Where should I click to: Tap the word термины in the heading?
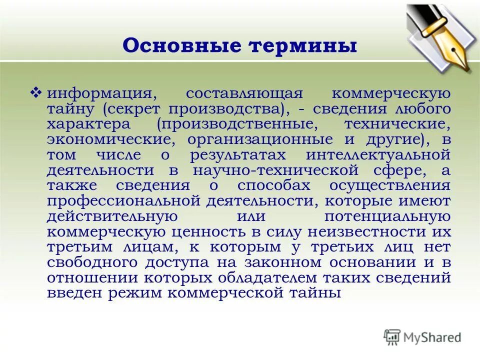point(301,46)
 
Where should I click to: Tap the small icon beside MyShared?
point(392,337)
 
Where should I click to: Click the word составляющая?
point(237,93)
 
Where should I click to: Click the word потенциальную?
point(387,216)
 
